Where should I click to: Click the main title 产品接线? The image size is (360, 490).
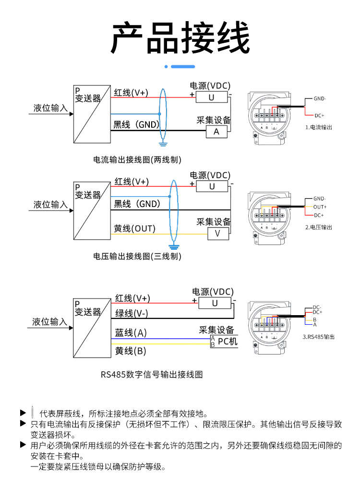point(180,38)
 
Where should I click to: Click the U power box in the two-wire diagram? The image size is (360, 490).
point(211,97)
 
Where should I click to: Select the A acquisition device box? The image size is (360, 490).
point(216,131)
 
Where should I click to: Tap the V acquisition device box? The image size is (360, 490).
point(217,233)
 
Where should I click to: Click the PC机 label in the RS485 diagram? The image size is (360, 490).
point(228,342)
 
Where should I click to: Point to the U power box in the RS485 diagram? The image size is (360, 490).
point(215,303)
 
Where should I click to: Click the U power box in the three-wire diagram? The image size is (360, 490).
point(212,186)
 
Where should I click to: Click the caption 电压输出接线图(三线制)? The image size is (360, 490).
point(137,257)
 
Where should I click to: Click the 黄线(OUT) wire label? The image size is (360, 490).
point(134,229)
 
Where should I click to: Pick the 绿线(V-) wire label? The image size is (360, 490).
point(131,314)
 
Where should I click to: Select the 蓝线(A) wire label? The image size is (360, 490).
point(131,333)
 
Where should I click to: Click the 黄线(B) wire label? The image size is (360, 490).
point(131,351)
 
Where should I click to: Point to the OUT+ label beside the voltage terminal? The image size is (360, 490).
point(320,207)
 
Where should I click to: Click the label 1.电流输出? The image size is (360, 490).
point(319,127)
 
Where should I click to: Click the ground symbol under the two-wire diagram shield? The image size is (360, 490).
point(163,143)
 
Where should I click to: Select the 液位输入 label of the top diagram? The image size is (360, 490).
point(50,108)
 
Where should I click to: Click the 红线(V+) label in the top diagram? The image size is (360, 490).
point(131,92)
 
